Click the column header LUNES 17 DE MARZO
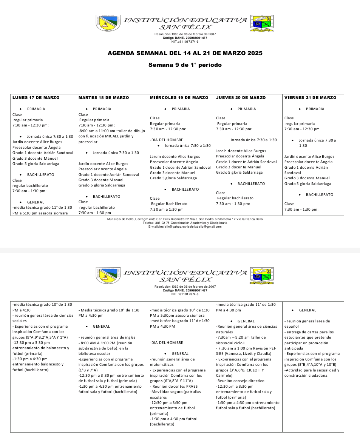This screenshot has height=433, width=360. pos(36,98)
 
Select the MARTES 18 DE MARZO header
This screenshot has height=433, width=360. pos(104,98)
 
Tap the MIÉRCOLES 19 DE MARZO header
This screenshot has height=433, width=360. pos(179,98)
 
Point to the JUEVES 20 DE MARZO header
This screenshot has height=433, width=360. pos(241,98)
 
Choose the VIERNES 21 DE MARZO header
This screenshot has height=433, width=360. pos(310,98)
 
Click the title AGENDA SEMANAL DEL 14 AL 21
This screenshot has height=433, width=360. pos(185,53)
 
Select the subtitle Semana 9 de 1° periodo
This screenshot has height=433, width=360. pos(185,65)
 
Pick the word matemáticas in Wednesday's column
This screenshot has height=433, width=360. pos(162,365)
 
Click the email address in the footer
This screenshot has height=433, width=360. pos(185,227)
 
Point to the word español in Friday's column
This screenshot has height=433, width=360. pos(292,327)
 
